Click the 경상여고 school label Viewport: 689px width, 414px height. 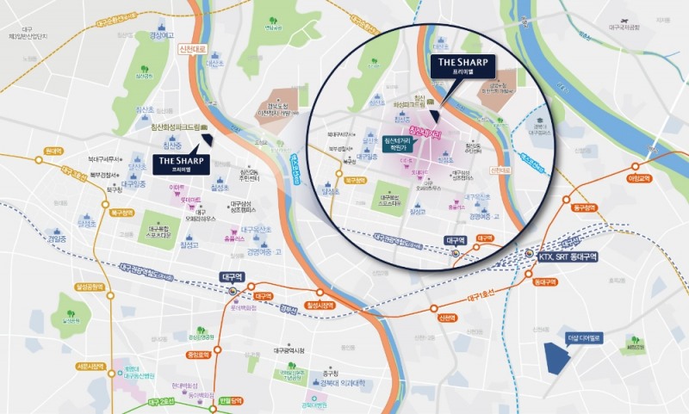[162, 35]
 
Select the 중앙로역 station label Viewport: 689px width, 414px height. [199, 354]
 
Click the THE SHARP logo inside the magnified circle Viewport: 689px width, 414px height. [462, 65]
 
